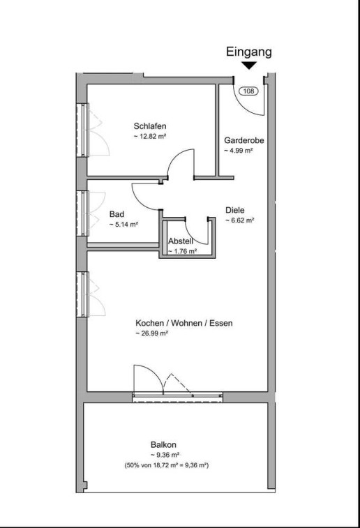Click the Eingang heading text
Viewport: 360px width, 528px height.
coord(248,52)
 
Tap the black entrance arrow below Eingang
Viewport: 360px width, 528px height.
coord(249,66)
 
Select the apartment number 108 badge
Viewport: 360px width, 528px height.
coord(248,91)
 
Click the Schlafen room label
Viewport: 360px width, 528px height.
coord(150,126)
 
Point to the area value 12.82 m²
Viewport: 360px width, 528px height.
coord(151,137)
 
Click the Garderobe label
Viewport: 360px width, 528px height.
coord(244,140)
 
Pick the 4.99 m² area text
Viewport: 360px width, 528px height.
coord(239,151)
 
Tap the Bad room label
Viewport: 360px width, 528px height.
coord(117,214)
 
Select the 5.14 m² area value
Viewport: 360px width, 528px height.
coord(124,225)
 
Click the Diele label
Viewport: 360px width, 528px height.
coord(235,210)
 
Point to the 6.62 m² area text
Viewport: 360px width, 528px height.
coord(240,220)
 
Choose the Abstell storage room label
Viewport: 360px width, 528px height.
coord(181,241)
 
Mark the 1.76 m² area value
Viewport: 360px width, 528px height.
coord(182,251)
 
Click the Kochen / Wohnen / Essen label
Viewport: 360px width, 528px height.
coord(184,323)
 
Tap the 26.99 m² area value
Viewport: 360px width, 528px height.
coord(152,333)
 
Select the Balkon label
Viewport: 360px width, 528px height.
coord(164,445)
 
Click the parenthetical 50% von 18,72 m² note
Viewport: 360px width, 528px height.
coord(167,466)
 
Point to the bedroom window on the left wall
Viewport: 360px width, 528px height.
coord(83,130)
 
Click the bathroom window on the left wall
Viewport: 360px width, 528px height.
coord(83,213)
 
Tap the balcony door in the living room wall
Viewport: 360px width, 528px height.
coord(177,397)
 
